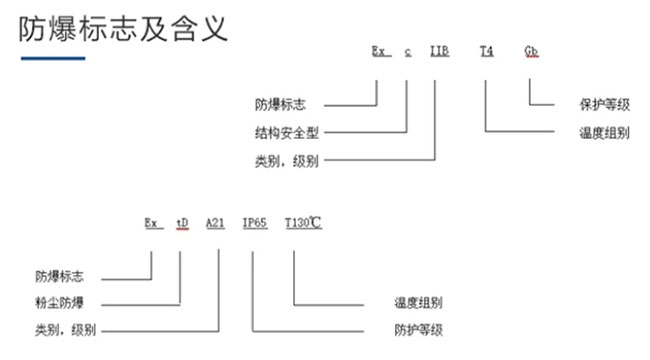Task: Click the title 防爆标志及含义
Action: coord(123,29)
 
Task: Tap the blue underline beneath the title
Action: coord(53,58)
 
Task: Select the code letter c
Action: coord(408,52)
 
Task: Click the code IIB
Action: coord(439,51)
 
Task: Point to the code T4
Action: coord(487,51)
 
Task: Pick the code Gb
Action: coord(531,51)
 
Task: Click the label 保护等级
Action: coord(604,105)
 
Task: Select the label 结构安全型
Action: coord(286,133)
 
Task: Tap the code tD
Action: coord(182,223)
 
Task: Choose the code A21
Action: coord(215,223)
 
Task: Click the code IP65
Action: coord(255,223)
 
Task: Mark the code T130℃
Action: coord(303,223)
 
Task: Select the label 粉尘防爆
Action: coord(59,303)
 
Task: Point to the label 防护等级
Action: coord(418,330)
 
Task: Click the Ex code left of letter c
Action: coord(379,51)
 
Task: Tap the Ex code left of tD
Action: coord(152,223)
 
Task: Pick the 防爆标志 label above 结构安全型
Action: coord(280,105)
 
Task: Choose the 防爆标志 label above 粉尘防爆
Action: coord(59,276)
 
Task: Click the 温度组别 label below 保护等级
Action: coord(604,133)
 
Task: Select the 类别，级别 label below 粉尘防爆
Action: coord(65,330)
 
